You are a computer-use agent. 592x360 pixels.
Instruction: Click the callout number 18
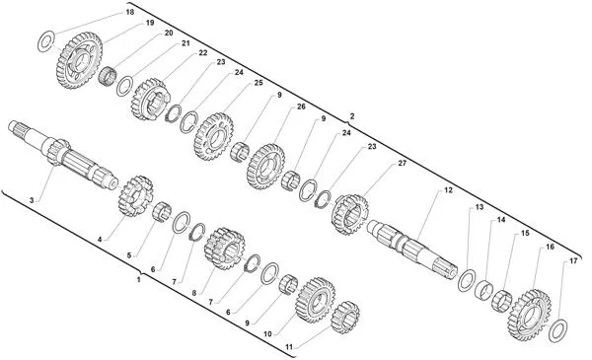click(129, 13)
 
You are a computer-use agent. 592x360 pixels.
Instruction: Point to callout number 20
click(169, 33)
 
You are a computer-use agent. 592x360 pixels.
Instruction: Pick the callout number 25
click(259, 83)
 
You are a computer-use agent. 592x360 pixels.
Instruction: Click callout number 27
click(403, 164)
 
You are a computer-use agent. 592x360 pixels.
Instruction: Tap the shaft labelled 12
click(412, 247)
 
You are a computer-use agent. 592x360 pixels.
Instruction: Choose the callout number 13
click(480, 207)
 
